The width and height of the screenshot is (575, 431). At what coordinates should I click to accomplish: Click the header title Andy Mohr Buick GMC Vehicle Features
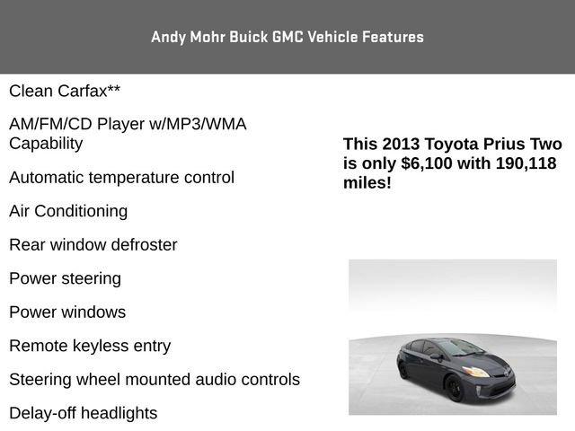pos(287,37)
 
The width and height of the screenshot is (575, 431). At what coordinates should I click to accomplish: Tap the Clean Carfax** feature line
pos(65,91)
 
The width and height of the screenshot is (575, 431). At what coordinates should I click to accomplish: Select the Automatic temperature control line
pos(121,177)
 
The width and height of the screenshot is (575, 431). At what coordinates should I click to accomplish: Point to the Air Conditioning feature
pos(68,211)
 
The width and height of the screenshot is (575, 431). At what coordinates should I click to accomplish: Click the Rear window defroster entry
pos(93,244)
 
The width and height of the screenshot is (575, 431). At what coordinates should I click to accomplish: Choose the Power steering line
pos(65,278)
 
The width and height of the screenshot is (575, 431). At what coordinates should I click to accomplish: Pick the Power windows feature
pos(67,312)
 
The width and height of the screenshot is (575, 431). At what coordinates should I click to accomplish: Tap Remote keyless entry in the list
pos(90,346)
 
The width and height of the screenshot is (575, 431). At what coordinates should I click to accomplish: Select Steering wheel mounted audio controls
pos(155,380)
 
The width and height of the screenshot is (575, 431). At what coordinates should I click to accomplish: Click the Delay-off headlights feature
pos(83,413)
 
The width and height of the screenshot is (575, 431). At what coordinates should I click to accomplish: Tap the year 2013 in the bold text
pos(401,145)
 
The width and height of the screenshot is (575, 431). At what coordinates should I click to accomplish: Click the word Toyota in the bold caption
pos(454,145)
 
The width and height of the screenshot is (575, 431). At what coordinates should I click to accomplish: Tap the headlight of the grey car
pos(476,371)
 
